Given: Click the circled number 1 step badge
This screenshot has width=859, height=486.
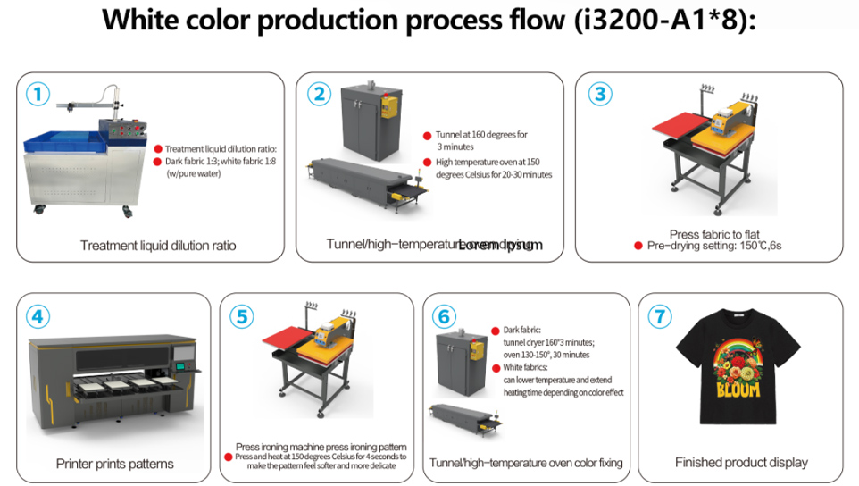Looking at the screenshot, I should click(x=36, y=93).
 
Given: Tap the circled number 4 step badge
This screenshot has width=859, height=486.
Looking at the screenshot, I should click(x=36, y=316).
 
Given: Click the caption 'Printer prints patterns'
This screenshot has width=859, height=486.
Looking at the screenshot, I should click(x=114, y=464).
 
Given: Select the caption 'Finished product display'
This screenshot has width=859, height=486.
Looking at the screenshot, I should click(x=741, y=462).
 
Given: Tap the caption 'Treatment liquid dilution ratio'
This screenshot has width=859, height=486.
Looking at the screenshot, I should click(x=158, y=245).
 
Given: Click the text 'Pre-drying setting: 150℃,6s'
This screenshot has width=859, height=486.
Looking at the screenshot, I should click(x=714, y=245).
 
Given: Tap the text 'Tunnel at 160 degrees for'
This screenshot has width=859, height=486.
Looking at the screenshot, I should click(x=481, y=135).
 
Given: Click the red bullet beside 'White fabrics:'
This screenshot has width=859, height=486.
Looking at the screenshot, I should click(x=495, y=367).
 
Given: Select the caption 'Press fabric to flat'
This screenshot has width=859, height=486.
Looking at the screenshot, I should click(x=714, y=234).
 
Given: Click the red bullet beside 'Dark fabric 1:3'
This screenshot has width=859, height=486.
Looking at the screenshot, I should click(x=158, y=162).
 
